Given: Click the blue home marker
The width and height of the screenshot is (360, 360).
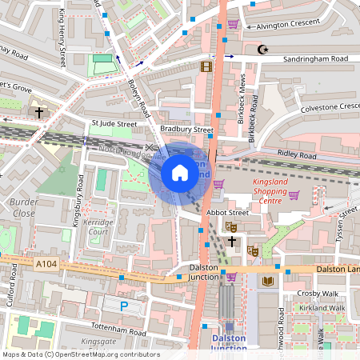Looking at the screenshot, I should pos(180,172).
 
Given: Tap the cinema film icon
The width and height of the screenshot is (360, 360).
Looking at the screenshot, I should pos(206,66).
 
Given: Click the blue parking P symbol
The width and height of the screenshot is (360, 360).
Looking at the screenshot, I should pos(124,306).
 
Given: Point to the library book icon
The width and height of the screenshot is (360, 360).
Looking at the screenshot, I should pos(267,281).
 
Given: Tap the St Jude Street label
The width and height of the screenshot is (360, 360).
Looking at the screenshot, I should pos(114,124).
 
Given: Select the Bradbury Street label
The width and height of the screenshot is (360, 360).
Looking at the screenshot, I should pos(186,129).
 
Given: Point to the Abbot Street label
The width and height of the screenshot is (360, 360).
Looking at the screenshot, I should pos(222,213).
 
